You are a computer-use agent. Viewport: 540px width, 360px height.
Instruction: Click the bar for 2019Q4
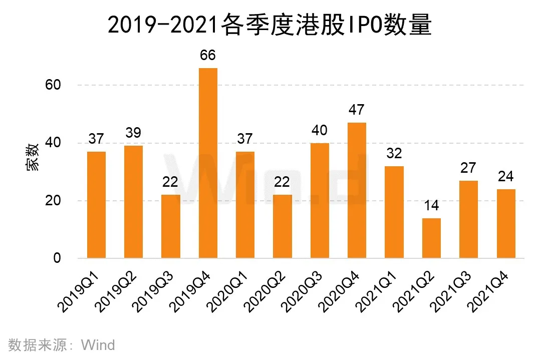(208, 163)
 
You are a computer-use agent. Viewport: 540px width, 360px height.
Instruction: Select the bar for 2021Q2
(431, 238)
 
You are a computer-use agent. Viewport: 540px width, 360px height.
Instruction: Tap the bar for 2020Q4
(357, 190)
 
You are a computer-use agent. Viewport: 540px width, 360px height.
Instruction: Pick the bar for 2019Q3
(171, 226)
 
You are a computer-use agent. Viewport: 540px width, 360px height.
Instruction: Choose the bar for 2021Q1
(394, 212)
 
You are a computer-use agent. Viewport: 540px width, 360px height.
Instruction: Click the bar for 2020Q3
(320, 200)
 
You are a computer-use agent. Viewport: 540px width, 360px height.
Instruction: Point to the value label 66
(208, 55)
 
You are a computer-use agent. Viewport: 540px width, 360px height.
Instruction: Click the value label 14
(431, 205)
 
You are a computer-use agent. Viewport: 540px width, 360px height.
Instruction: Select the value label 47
(357, 110)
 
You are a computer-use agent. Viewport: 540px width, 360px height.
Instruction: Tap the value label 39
(133, 133)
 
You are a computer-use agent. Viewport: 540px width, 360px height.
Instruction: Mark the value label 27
(468, 168)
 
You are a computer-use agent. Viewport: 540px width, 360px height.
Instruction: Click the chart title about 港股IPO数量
(269, 25)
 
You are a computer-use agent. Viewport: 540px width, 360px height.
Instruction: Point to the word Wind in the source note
(98, 345)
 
